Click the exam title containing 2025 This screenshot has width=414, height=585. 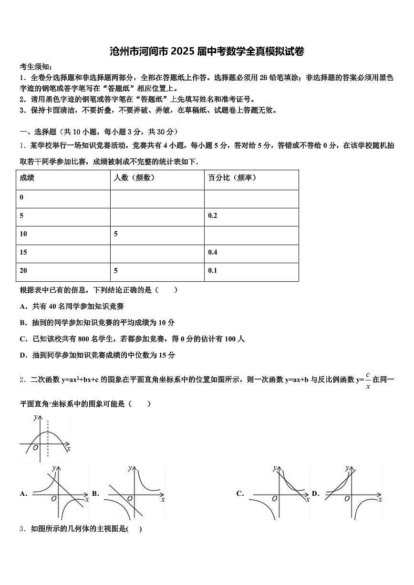tap(207, 51)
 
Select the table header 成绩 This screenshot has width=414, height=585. tap(27, 178)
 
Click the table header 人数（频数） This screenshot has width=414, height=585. tap(134, 178)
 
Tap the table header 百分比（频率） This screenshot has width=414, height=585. tap(232, 178)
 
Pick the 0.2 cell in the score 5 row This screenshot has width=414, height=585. tap(213, 216)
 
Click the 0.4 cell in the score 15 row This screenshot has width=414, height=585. tap(213, 253)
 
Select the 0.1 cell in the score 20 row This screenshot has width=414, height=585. tap(213, 271)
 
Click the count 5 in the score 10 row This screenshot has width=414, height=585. tap(116, 234)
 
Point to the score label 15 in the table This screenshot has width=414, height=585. tap(23, 253)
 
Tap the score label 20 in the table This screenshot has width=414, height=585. tap(23, 271)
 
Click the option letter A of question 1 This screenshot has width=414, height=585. tap(23, 307)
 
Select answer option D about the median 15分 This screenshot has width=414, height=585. tap(97, 355)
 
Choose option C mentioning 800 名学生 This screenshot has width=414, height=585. tap(132, 339)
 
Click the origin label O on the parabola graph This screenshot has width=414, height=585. tap(35, 448)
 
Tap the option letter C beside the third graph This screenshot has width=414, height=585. tap(240, 494)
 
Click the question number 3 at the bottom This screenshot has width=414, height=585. tap(22, 529)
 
